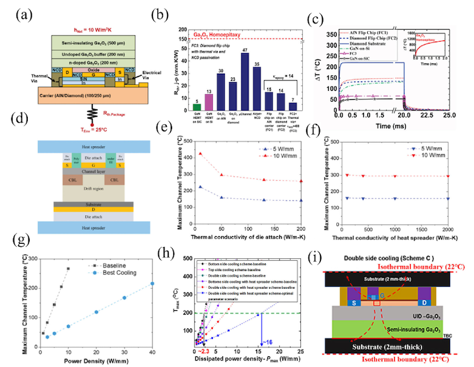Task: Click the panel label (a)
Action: [x=15, y=12]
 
